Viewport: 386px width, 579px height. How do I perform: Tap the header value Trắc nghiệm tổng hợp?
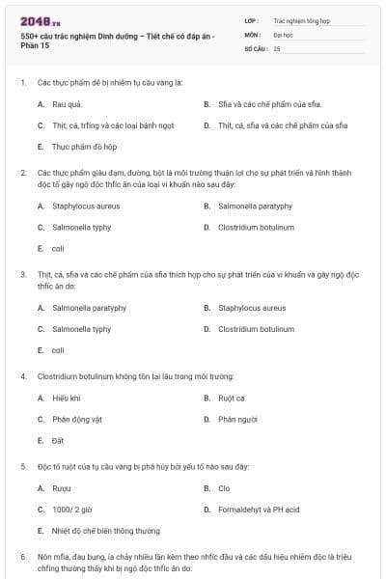pyautogui.click(x=303, y=19)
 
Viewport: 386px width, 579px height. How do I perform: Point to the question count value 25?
pyautogui.click(x=278, y=48)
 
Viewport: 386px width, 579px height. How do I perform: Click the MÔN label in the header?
pyautogui.click(x=253, y=34)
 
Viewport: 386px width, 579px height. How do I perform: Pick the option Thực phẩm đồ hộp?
pyautogui.click(x=86, y=147)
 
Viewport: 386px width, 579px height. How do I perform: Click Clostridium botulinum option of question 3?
pyautogui.click(x=256, y=329)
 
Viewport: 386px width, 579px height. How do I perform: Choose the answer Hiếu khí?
pyautogui.click(x=67, y=398)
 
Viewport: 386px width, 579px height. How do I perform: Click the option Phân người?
pyautogui.click(x=237, y=419)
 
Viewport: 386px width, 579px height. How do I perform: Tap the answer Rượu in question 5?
pyautogui.click(x=62, y=488)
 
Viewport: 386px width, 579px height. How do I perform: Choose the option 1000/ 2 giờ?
pyautogui.click(x=72, y=509)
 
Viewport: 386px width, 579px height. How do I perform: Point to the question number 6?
pyautogui.click(x=23, y=557)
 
